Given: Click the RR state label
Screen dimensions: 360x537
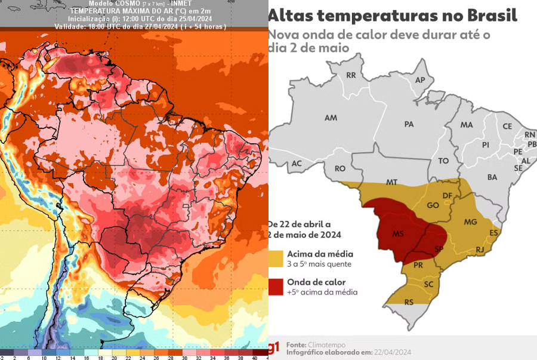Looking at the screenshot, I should (351, 75).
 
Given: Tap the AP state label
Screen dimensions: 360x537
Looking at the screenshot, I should (420, 80).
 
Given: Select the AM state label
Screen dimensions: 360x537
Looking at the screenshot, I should (331, 118).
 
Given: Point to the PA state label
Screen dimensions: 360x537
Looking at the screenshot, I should (409, 124).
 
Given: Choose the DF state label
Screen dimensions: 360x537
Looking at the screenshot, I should (447, 195).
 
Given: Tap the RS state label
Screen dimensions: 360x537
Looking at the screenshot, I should (409, 302).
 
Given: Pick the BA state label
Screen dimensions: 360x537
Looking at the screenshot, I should (492, 177).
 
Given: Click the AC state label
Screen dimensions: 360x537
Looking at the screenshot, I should (297, 164).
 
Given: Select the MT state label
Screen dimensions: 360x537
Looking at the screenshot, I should (391, 181).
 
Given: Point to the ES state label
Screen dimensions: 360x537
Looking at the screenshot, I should (493, 233).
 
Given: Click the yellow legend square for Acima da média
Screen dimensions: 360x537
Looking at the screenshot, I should (276, 257).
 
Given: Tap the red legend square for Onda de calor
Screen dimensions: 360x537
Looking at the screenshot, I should (276, 286).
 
